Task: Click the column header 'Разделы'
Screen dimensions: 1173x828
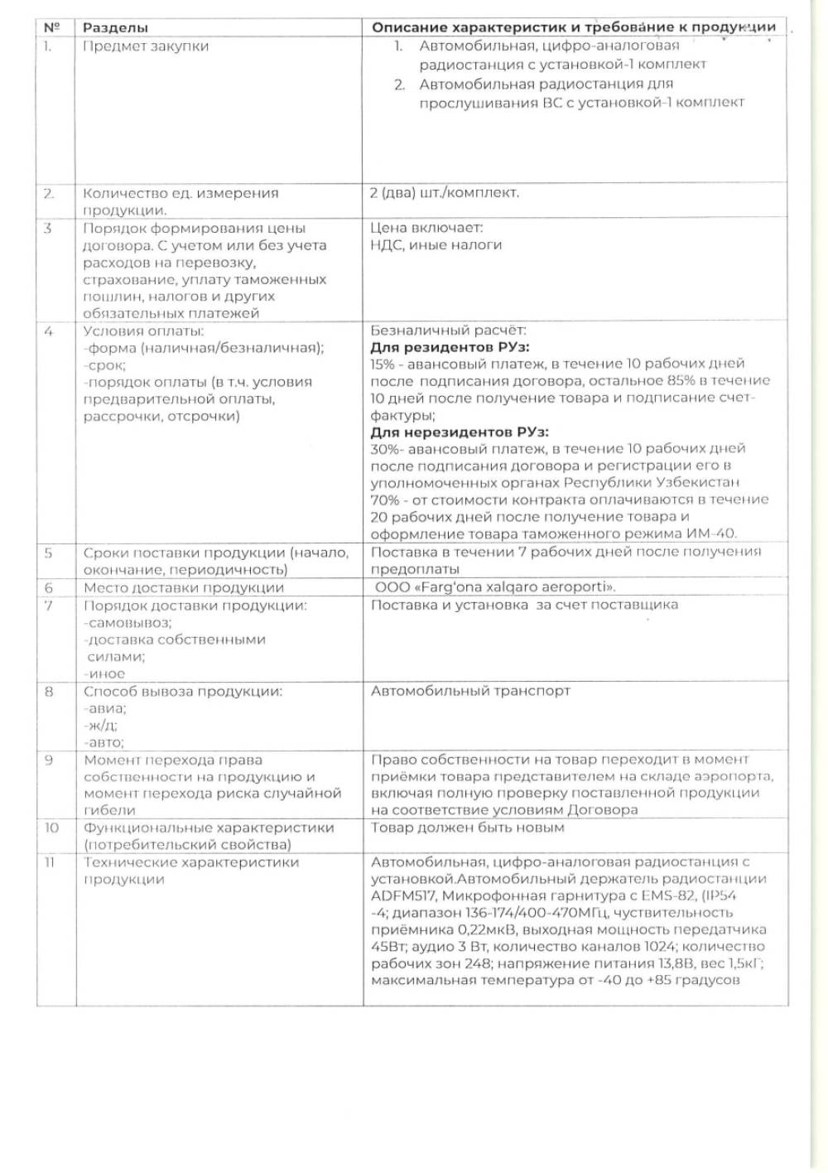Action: coord(116,27)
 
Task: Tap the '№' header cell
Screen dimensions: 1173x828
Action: coord(52,27)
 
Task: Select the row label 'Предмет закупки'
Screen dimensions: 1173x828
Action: coord(146,46)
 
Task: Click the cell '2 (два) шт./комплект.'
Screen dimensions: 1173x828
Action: coord(445,192)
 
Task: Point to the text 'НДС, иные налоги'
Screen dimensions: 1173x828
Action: coord(436,245)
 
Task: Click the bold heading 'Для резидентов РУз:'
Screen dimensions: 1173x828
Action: coord(450,347)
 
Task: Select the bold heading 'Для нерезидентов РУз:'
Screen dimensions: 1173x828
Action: coord(460,432)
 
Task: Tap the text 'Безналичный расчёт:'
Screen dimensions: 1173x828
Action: coord(447,331)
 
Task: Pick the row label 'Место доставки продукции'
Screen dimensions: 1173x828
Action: coord(183,588)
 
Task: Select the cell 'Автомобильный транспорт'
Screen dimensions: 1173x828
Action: coord(470,691)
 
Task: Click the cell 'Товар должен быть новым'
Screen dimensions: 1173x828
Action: coord(467,828)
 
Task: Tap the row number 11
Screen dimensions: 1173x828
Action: coord(49,862)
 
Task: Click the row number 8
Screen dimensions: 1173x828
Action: coord(49,691)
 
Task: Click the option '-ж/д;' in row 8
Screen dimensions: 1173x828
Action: coord(103,726)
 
